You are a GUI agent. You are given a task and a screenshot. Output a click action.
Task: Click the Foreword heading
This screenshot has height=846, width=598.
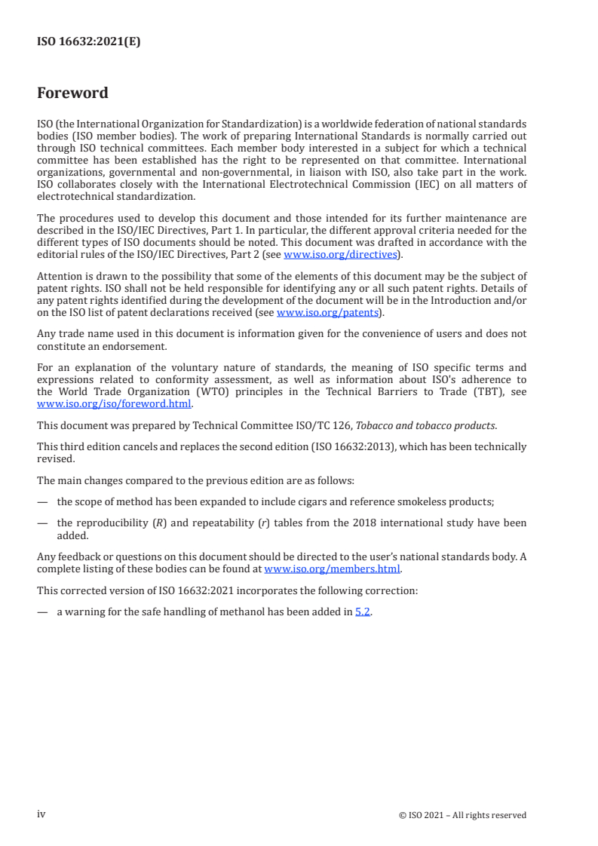pyautogui.click(x=72, y=93)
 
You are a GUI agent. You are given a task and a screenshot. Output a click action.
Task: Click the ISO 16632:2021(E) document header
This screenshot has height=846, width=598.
pyautogui.click(x=89, y=42)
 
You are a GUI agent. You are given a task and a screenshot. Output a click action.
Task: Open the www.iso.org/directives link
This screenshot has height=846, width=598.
pyautogui.click(x=340, y=254)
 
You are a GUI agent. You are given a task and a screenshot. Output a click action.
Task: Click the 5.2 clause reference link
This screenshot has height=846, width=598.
pyautogui.click(x=363, y=612)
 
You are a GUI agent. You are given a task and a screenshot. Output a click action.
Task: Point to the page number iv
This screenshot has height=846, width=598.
pyautogui.click(x=41, y=814)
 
